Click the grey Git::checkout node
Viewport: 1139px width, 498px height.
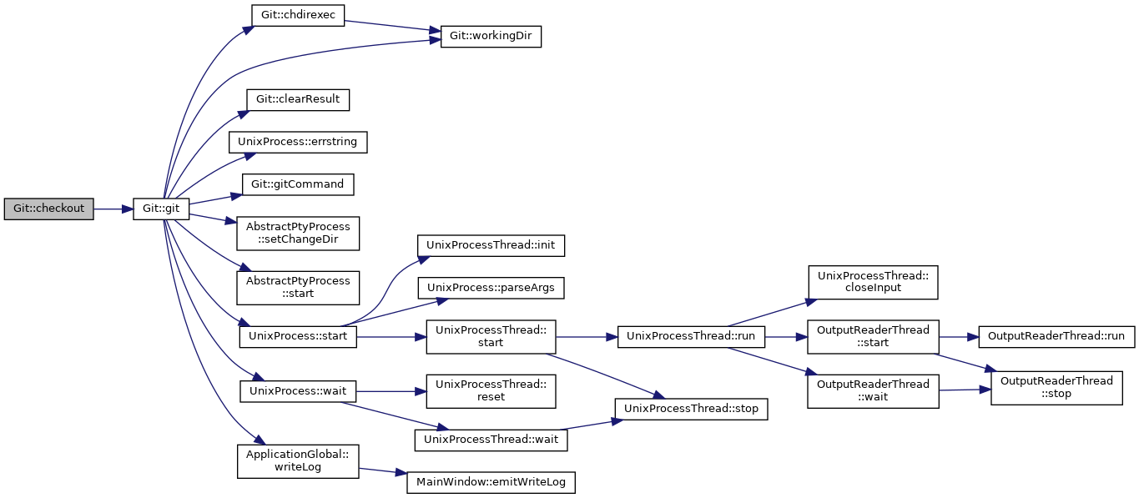pyautogui.click(x=48, y=209)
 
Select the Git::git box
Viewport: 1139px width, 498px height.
pyautogui.click(x=161, y=209)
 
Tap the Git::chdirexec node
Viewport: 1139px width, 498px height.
pyautogui.click(x=298, y=15)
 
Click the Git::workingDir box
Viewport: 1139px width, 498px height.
pyautogui.click(x=491, y=37)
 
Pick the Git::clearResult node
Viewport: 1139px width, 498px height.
pyautogui.click(x=298, y=99)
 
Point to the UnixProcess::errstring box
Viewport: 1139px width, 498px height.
pyautogui.click(x=298, y=142)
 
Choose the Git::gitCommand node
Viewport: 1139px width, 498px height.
pyautogui.click(x=298, y=184)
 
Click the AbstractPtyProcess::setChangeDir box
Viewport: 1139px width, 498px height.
pyautogui.click(x=298, y=234)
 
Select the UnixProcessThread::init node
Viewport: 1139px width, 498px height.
pyautogui.click(x=491, y=245)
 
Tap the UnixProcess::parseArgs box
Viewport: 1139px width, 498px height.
pyautogui.click(x=491, y=288)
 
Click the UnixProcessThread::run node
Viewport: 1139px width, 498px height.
pyautogui.click(x=691, y=337)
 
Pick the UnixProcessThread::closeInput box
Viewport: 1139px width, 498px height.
pyautogui.click(x=873, y=282)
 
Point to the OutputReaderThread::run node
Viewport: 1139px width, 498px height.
pyautogui.click(x=1056, y=337)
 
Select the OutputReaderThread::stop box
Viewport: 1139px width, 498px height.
pyautogui.click(x=1056, y=388)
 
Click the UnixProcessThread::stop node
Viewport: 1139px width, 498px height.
pyautogui.click(x=691, y=409)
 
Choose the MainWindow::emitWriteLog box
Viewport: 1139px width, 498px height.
pyautogui.click(x=491, y=482)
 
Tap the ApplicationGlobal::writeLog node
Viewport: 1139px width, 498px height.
pyautogui.click(x=298, y=461)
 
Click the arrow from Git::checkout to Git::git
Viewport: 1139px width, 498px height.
pyautogui.click(x=113, y=209)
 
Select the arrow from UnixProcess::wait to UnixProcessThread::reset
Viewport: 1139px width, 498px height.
pyautogui.click(x=391, y=392)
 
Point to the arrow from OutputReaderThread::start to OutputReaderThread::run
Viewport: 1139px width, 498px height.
pyautogui.click(x=959, y=337)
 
